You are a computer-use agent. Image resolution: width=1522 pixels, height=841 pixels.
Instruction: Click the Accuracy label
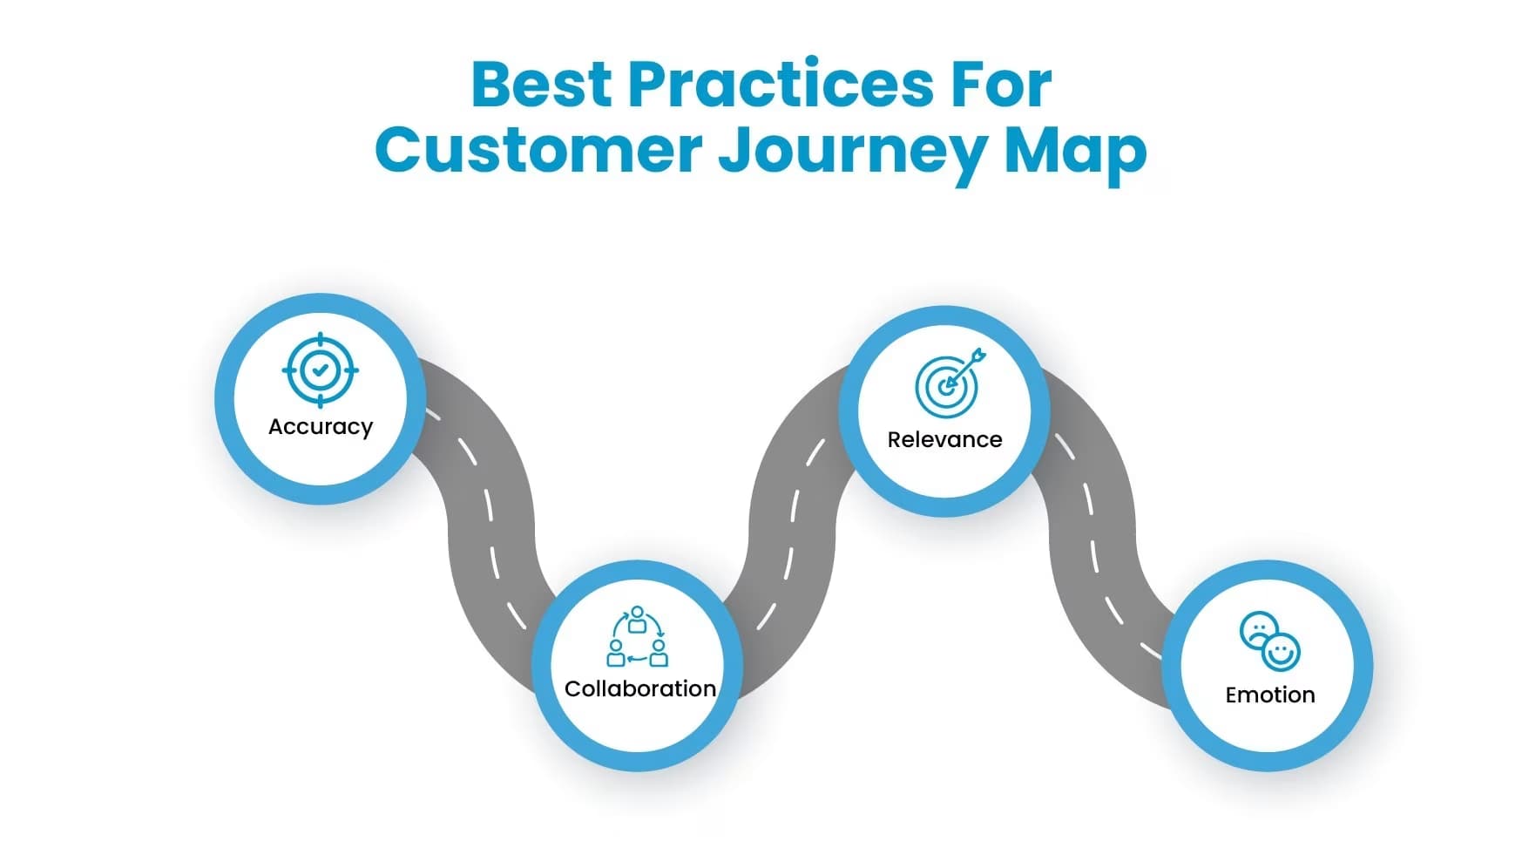(x=321, y=427)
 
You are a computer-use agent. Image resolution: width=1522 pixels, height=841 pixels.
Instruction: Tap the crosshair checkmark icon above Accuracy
(x=321, y=370)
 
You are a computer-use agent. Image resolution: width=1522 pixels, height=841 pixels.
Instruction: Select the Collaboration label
(x=639, y=688)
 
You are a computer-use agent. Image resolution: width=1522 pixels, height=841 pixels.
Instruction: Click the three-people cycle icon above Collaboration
(x=638, y=638)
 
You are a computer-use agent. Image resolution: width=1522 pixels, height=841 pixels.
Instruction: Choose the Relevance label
(x=944, y=439)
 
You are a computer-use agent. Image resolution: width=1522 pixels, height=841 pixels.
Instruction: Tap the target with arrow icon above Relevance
(x=948, y=383)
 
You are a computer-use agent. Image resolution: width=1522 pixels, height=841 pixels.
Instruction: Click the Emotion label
(x=1269, y=695)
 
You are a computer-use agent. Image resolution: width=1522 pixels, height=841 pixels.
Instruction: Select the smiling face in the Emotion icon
(x=1281, y=652)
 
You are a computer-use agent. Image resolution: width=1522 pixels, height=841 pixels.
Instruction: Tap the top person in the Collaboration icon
(x=637, y=620)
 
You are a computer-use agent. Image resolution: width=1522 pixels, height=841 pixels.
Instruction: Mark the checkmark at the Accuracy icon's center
(x=321, y=370)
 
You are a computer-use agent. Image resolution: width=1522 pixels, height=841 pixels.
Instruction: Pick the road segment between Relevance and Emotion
(x=1091, y=523)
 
